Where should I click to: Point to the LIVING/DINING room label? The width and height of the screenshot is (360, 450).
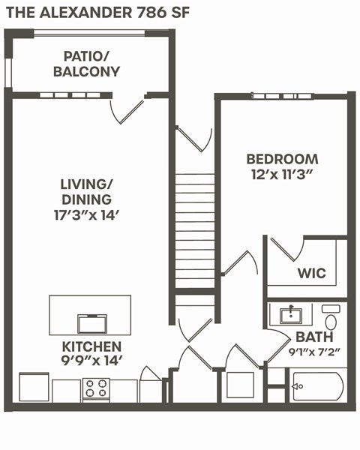(x=87, y=191)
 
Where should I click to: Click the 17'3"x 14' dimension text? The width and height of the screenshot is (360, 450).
(x=87, y=214)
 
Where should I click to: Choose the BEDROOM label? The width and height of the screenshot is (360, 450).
(x=282, y=159)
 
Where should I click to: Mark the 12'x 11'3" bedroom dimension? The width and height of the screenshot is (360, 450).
(x=282, y=175)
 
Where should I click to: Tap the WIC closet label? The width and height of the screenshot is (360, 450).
(x=311, y=273)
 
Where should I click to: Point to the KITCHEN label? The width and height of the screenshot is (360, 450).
(x=91, y=346)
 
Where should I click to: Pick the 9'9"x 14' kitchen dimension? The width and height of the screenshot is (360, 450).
(x=91, y=361)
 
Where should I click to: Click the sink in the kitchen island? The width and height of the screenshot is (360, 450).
(x=92, y=323)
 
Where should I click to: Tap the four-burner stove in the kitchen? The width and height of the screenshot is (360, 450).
(x=96, y=388)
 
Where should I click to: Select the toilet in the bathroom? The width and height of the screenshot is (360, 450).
(x=331, y=318)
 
